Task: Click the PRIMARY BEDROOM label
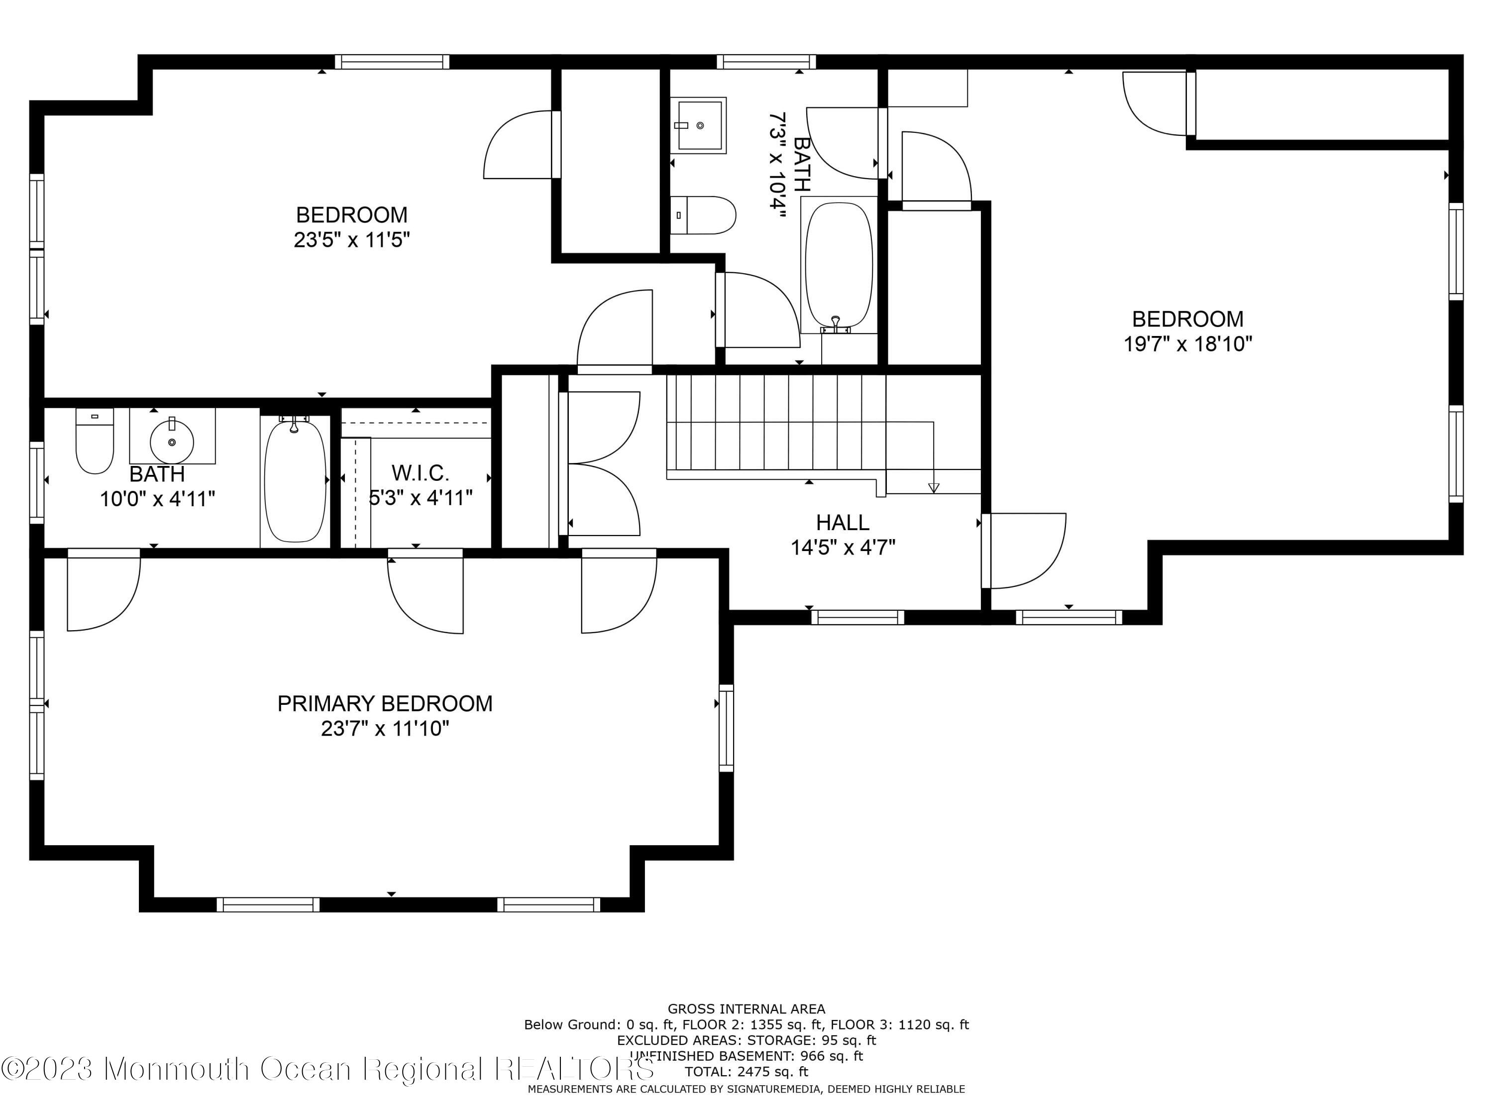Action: click(x=385, y=703)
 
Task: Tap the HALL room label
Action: click(x=843, y=522)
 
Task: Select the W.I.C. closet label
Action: click(x=421, y=472)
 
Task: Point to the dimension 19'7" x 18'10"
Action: click(x=1187, y=343)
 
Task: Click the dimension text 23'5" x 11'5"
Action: click(x=352, y=239)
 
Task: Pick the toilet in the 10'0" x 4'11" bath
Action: click(x=95, y=442)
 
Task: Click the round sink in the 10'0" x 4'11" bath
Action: click(x=172, y=442)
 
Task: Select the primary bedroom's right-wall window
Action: click(x=726, y=728)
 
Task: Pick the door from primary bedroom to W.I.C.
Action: click(x=425, y=591)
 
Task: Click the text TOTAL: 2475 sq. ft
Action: click(x=746, y=1071)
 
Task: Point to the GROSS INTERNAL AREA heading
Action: click(x=746, y=1008)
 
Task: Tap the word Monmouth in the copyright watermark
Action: click(x=178, y=1069)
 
